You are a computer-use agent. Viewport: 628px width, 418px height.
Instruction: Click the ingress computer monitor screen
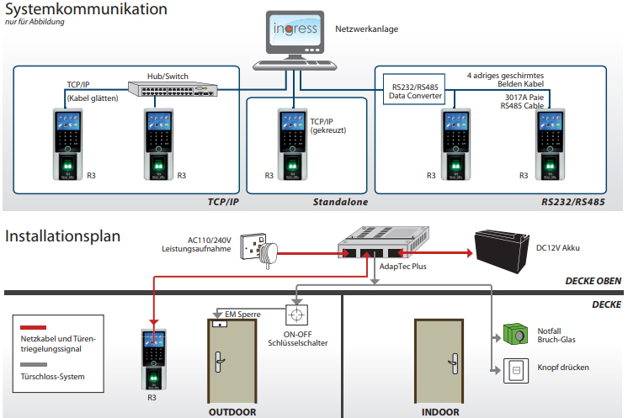(295, 30)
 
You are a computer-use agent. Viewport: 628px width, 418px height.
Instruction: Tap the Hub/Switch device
(173, 89)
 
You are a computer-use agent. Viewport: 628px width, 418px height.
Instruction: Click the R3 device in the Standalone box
(292, 145)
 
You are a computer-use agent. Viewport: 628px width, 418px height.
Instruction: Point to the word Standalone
(340, 202)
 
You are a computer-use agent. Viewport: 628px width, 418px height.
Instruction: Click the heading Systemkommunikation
(86, 8)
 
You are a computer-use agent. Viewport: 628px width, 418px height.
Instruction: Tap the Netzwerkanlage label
(367, 29)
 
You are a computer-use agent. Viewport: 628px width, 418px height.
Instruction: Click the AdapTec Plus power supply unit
(383, 242)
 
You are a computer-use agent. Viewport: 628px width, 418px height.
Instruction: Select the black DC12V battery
(503, 251)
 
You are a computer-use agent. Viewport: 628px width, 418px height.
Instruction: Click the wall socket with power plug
(258, 250)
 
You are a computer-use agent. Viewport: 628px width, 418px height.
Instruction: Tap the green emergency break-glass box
(515, 334)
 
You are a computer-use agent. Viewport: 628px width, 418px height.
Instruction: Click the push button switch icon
(516, 371)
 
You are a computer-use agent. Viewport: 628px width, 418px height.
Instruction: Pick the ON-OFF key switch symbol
(297, 315)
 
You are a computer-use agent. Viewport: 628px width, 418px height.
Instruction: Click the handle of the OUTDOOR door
(219, 362)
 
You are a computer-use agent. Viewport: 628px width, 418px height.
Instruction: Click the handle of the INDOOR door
(455, 363)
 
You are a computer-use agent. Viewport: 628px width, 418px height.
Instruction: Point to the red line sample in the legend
(33, 327)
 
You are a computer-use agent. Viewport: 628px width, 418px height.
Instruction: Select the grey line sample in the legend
(34, 364)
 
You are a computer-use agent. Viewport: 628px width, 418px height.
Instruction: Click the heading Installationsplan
(62, 236)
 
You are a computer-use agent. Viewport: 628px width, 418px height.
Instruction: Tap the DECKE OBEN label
(593, 281)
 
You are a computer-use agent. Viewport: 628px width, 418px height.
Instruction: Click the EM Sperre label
(242, 315)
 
